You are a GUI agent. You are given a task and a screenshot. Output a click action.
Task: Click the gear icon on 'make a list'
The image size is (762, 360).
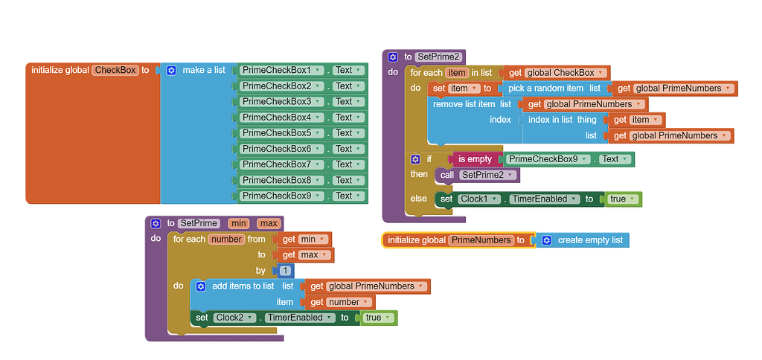coord(171,70)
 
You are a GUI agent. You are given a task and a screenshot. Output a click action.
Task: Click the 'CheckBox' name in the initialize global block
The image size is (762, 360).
coord(115,70)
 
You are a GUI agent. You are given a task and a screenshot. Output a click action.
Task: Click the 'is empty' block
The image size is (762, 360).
coord(474,159)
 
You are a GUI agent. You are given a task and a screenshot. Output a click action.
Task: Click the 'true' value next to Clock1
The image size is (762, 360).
coord(621,199)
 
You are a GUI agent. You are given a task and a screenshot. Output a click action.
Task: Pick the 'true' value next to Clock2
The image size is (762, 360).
coord(377,318)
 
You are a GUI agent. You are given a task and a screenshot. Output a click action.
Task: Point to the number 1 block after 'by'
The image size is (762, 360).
coord(284,271)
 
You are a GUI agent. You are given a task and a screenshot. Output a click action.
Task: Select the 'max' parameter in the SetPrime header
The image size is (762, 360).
coord(269,223)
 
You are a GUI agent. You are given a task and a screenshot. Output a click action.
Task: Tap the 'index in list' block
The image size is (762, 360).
coord(562,120)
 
